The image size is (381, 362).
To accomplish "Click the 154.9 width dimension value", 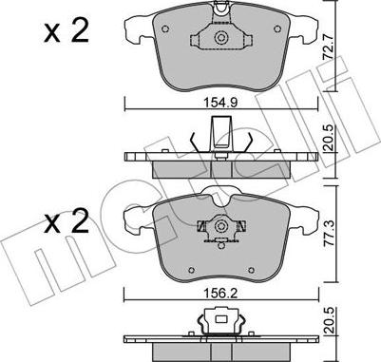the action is (220, 103).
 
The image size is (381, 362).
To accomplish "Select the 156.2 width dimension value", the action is (220, 295).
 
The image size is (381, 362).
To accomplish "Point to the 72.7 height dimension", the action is (328, 48).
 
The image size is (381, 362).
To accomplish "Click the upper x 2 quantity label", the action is (67, 32).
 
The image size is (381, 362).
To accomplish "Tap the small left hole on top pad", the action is (165, 29).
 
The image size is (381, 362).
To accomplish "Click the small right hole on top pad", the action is (277, 29).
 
